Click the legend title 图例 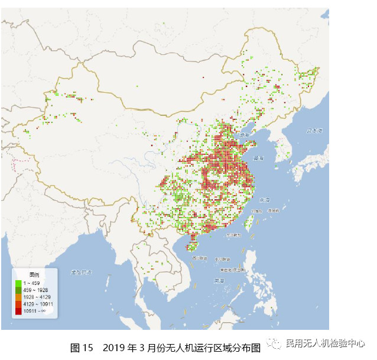point(34,275)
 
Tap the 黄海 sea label point(258,158)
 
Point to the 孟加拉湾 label point(82,272)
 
